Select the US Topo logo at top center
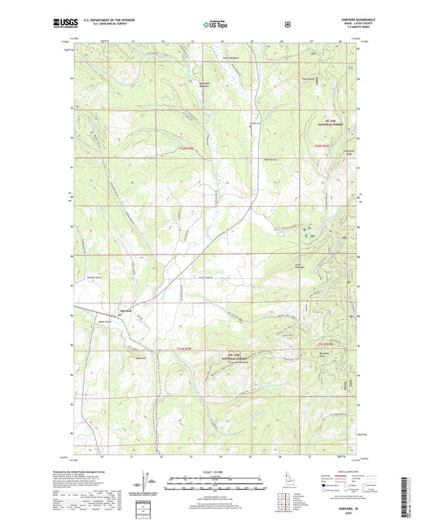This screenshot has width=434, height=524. pyautogui.click(x=216, y=24)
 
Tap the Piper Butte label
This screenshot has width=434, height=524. pyautogui.click(x=305, y=79)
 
